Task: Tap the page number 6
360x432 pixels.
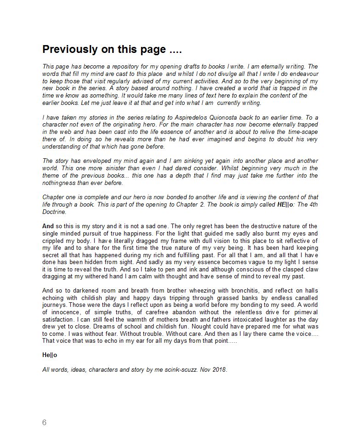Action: (x=44, y=422)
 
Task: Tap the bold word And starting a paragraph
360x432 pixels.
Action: (x=48, y=226)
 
